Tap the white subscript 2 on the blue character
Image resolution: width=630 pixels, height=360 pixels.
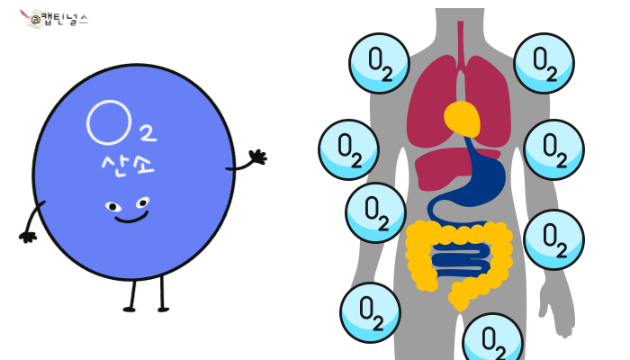click(x=148, y=134)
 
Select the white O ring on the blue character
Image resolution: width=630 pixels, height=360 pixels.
click(x=106, y=122)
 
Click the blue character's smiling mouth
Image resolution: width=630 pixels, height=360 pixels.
click(x=130, y=218)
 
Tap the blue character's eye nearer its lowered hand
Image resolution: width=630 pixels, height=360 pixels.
click(x=112, y=207)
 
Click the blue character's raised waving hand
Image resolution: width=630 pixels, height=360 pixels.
click(x=256, y=158)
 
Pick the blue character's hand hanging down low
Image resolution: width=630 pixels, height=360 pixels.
click(x=28, y=237)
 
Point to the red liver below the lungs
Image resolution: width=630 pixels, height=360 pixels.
click(x=445, y=167)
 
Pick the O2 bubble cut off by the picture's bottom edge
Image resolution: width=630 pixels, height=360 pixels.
click(x=492, y=340)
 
